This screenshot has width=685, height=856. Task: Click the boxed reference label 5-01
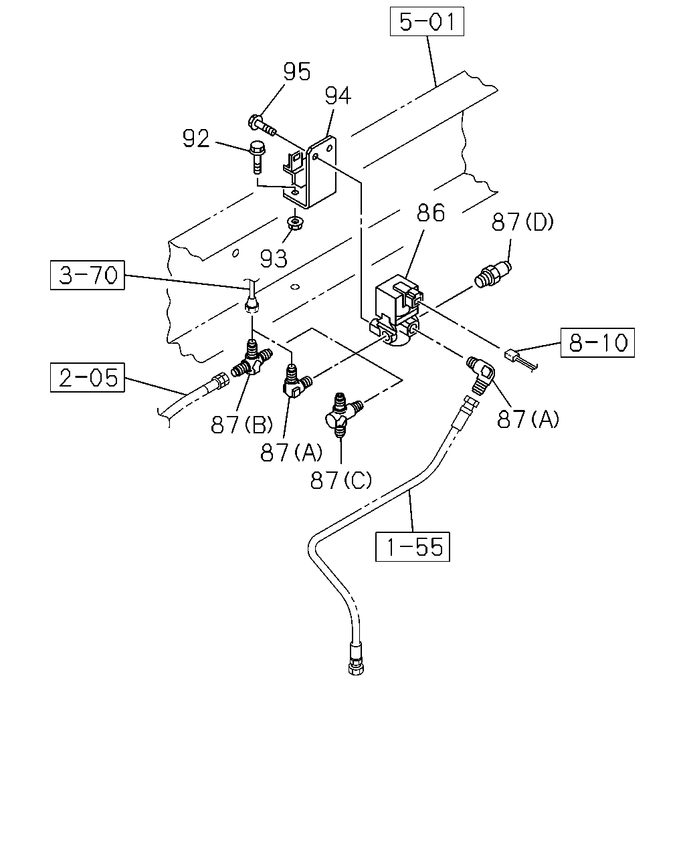click(x=427, y=21)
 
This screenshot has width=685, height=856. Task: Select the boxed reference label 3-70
click(x=88, y=276)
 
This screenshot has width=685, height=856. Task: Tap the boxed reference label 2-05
click(x=88, y=377)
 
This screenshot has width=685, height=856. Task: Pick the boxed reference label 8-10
click(x=597, y=342)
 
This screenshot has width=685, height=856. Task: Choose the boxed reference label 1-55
click(x=413, y=547)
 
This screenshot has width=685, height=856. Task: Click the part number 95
click(x=297, y=72)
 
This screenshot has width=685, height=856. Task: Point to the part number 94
click(x=338, y=96)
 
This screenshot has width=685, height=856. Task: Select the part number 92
click(x=196, y=139)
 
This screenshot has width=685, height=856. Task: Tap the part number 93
click(x=274, y=259)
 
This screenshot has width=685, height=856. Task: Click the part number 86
click(x=431, y=213)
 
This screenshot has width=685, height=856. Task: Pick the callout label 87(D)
click(x=522, y=222)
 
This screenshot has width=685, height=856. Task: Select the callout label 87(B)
click(x=242, y=425)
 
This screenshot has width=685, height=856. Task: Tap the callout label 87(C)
click(x=341, y=480)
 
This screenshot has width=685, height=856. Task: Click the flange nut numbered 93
click(x=295, y=223)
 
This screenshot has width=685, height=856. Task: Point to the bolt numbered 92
click(x=256, y=157)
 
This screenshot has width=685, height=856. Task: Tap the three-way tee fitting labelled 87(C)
click(x=340, y=415)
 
